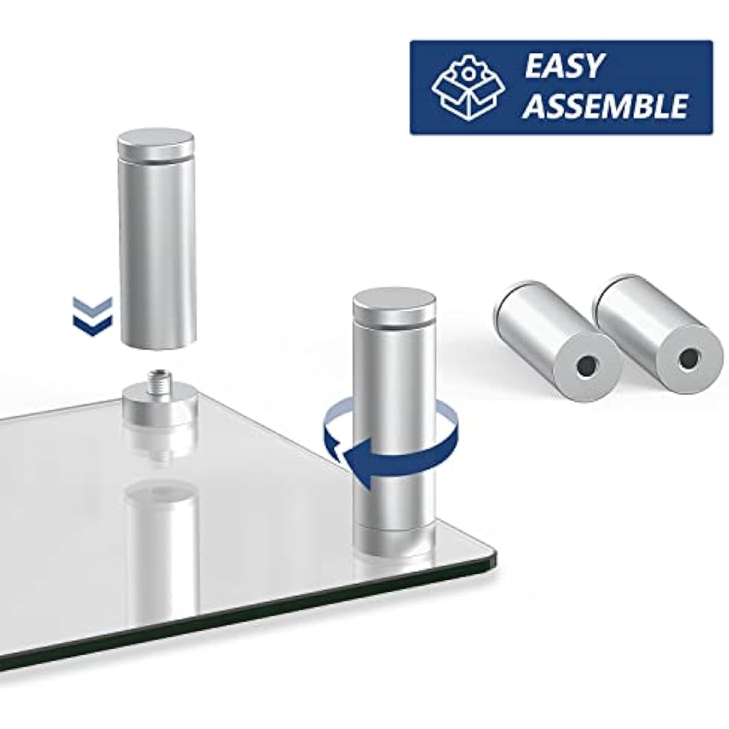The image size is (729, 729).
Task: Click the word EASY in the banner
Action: pyautogui.click(x=564, y=66)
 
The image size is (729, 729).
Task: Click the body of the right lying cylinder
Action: pyautogui.click(x=655, y=325)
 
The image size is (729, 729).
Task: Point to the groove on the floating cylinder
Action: pyautogui.click(x=156, y=160)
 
